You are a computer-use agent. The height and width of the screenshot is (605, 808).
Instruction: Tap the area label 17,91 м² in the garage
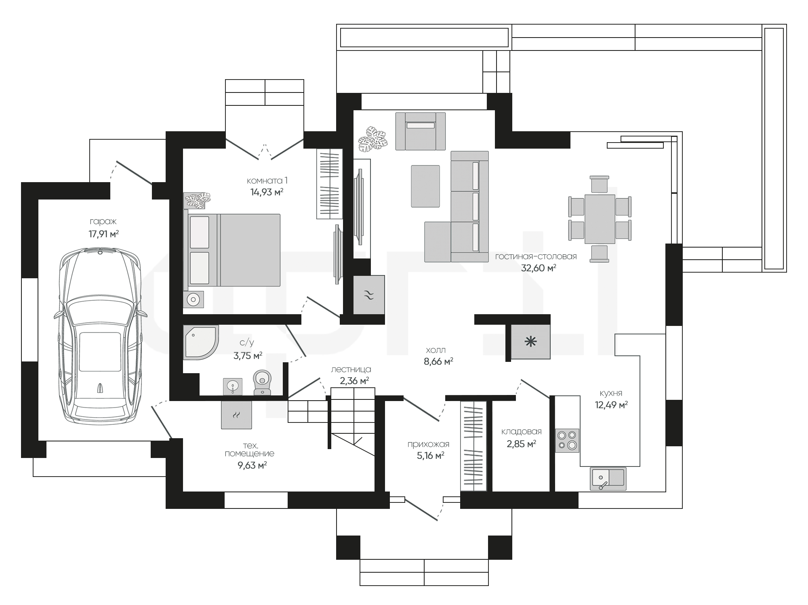coord(104,234)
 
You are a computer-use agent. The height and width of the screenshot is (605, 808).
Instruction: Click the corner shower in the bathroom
coord(201,342)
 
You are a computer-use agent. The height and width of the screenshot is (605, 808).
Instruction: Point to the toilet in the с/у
coord(262,382)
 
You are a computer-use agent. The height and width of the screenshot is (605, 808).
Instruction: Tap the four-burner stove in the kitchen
coord(567,440)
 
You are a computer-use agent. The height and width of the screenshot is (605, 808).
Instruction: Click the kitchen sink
coord(608,479)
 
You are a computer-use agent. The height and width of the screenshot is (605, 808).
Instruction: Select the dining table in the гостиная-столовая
coord(600,219)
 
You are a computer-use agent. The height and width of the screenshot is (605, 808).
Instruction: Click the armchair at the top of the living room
coord(420,131)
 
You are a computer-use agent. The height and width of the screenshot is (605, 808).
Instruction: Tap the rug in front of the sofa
coord(425,186)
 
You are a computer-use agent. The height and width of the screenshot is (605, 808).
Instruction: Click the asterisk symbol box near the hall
coord(530,342)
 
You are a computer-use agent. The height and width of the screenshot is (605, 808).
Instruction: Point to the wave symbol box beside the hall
coord(369,295)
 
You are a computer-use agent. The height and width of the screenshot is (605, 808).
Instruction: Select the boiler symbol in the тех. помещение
coord(237,414)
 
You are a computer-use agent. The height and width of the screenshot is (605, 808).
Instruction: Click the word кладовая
coord(521,432)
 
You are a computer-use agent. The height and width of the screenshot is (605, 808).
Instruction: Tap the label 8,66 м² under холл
coord(438,361)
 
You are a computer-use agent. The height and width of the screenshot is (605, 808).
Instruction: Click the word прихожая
coord(428,444)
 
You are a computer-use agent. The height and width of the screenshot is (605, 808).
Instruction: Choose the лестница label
coord(351,369)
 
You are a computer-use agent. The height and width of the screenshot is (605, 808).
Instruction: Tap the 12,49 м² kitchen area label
coord(611,405)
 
